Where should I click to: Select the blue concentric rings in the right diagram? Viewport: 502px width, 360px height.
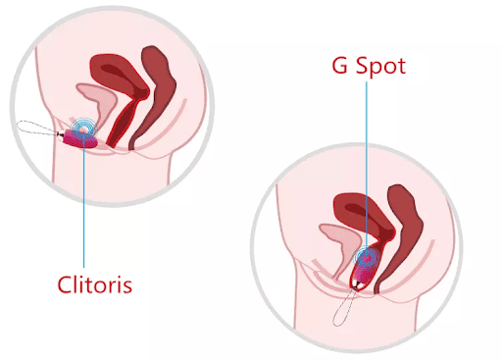[368, 257]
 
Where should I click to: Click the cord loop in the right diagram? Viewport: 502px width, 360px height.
[345, 310]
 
